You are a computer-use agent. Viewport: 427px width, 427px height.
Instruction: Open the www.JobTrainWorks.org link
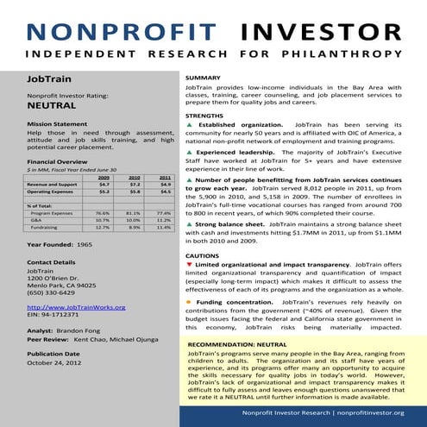click(x=76, y=307)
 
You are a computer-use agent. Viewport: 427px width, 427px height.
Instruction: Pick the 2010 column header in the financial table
click(x=135, y=176)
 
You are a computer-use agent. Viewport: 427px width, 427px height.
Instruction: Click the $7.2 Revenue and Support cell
click(x=135, y=184)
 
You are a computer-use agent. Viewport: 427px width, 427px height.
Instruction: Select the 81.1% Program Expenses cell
click(x=133, y=212)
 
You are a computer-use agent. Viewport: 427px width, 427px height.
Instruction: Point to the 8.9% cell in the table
click(x=133, y=228)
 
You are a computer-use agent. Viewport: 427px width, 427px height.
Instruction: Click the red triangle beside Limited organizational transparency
click(x=189, y=263)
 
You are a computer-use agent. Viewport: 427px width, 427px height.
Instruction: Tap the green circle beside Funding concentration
click(x=189, y=303)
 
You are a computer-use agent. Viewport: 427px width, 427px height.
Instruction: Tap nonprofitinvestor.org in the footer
click(x=367, y=412)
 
